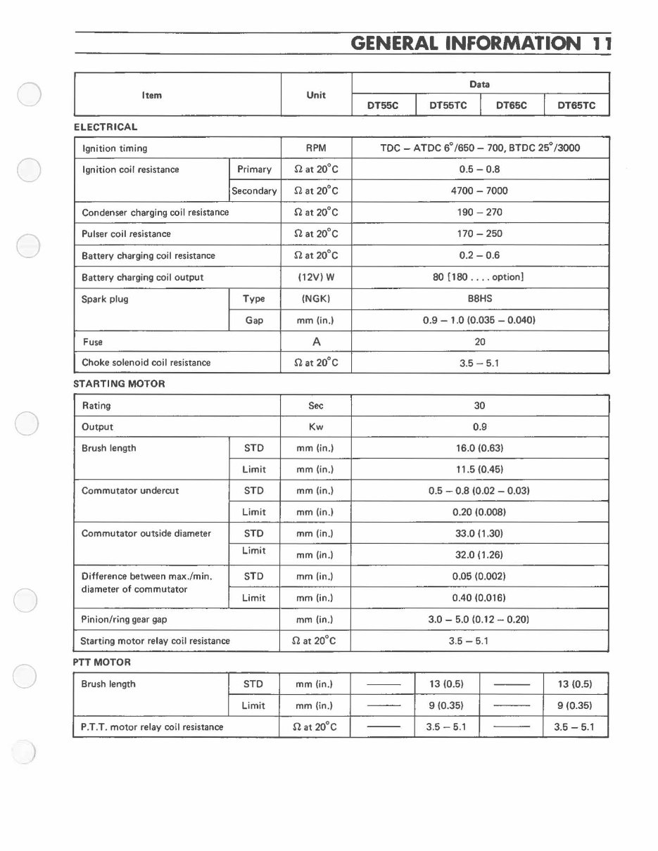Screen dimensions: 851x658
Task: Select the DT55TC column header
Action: coord(448,105)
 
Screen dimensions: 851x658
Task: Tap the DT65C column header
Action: coord(512,105)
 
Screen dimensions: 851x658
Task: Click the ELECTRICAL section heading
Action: coord(106,127)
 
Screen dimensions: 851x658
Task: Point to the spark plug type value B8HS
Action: coord(479,298)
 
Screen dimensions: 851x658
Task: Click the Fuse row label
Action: coord(92,342)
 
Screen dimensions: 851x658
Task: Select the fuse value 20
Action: coord(480,342)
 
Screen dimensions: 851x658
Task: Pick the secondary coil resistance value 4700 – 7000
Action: coord(479,191)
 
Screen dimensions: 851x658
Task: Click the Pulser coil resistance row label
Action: coord(126,233)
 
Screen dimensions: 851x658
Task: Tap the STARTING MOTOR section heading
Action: coord(119,384)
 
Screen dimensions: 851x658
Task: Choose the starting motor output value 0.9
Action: coord(480,427)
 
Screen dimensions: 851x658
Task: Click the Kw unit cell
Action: coord(316,427)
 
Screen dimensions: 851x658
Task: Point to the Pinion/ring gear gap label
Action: coord(125,620)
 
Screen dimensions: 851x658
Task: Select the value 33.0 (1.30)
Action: coord(479,533)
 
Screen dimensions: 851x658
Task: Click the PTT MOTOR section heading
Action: coord(102,663)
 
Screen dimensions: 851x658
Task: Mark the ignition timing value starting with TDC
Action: coord(479,148)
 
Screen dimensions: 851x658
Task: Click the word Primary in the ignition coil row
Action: coord(254,169)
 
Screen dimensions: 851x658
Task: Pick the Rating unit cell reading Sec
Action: coord(316,406)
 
